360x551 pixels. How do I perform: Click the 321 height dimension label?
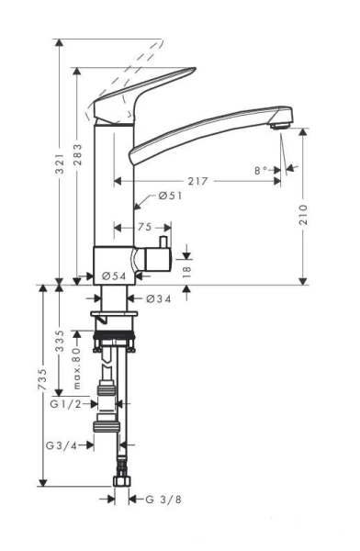click(60, 165)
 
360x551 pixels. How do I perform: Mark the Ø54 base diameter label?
click(113, 275)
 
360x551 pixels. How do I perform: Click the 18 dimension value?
click(187, 272)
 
